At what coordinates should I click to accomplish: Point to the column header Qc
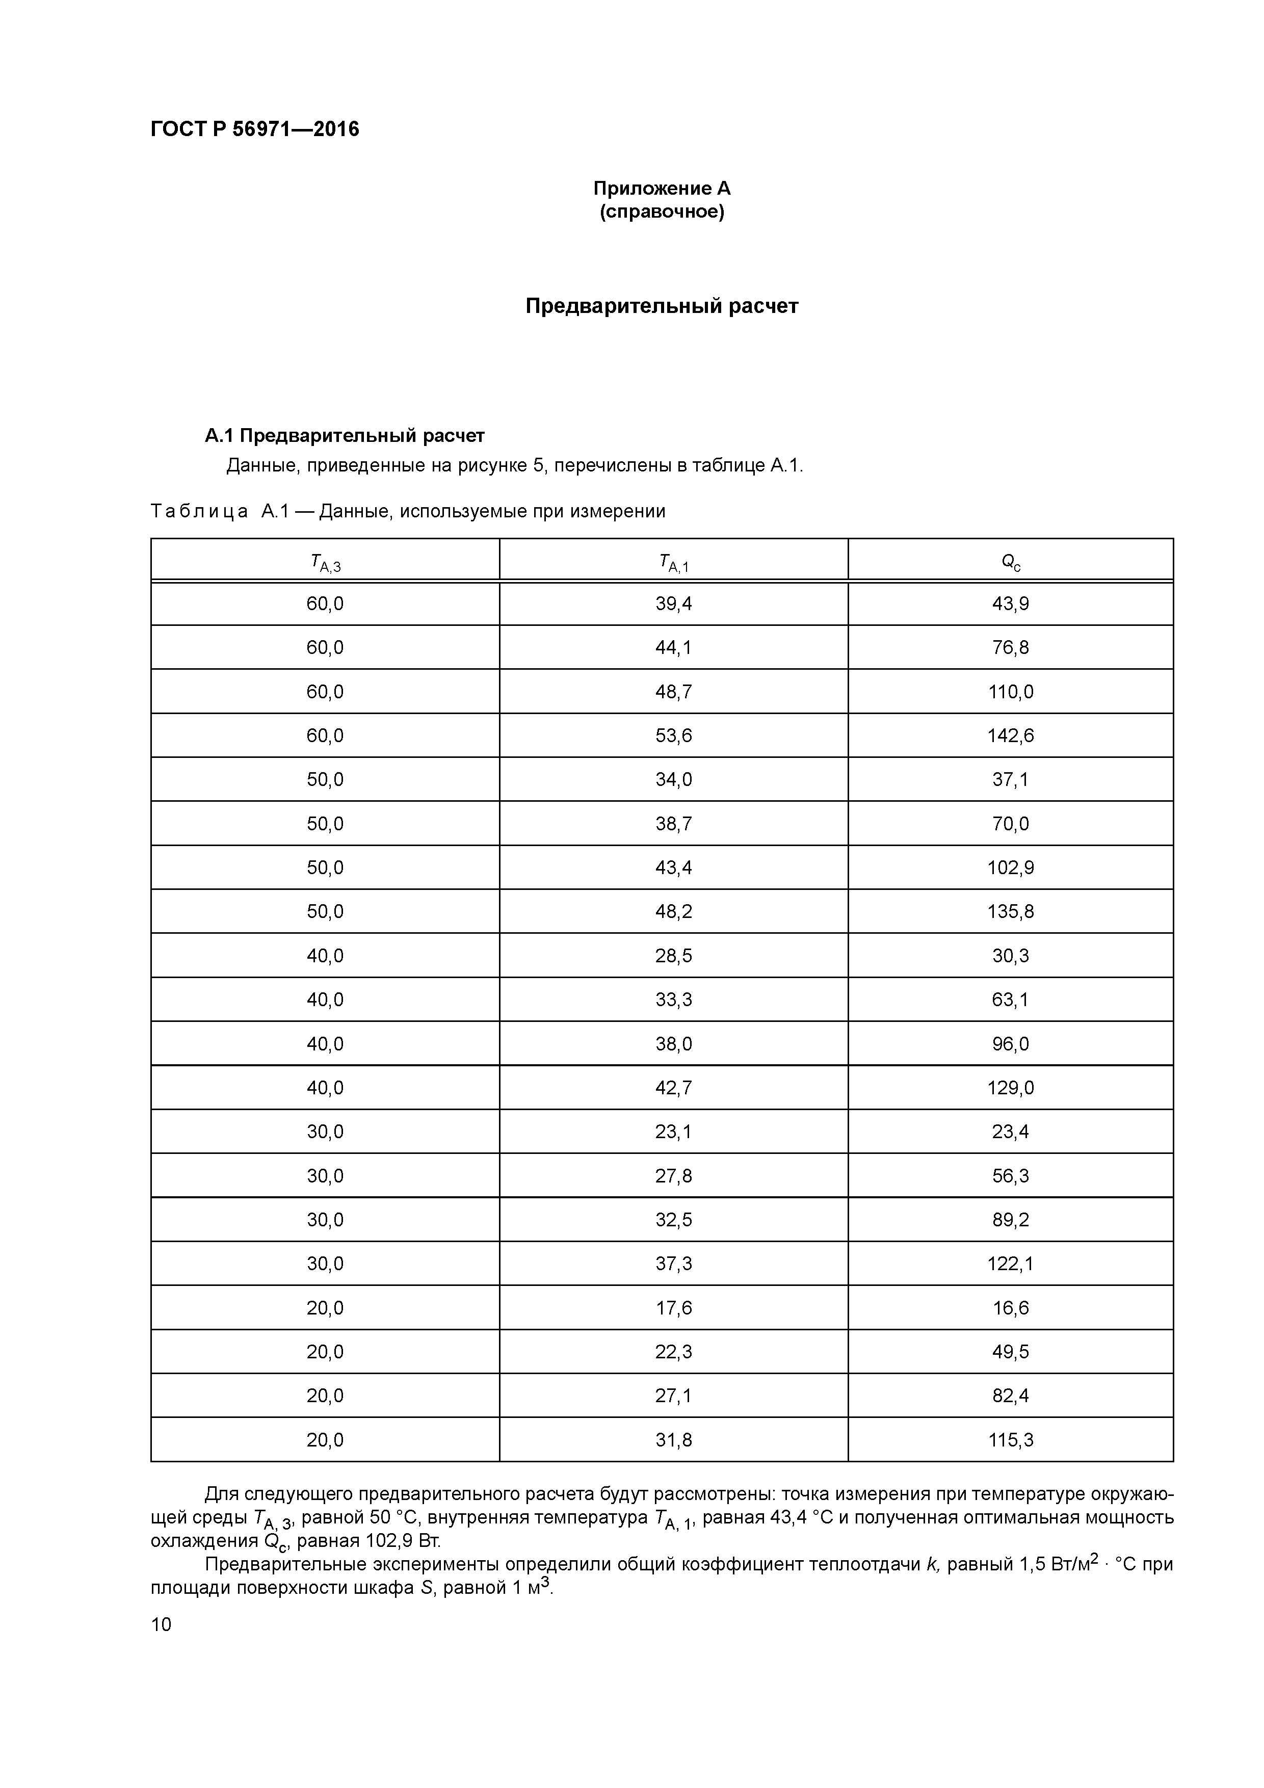pyautogui.click(x=1010, y=562)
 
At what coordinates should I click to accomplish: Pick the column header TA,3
pyautogui.click(x=325, y=562)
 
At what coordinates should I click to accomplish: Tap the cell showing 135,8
pyautogui.click(x=1010, y=911)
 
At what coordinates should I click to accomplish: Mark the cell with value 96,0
pyautogui.click(x=1010, y=1043)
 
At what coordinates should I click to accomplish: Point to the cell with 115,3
pyautogui.click(x=1010, y=1440)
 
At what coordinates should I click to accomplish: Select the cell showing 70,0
pyautogui.click(x=1010, y=824)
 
